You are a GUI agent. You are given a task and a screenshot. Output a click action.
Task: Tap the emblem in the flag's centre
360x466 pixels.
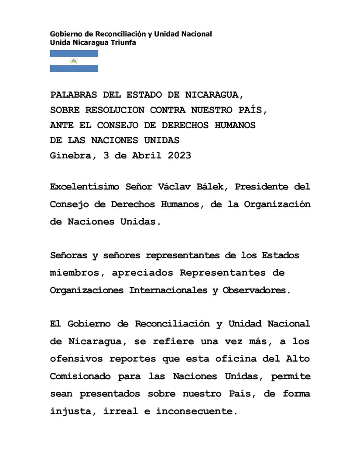(74, 61)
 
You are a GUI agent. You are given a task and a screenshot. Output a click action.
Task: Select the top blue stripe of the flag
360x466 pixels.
(74, 53)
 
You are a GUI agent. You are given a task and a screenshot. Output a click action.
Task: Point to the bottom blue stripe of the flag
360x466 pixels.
(74, 69)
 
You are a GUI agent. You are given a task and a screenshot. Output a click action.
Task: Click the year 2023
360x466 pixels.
(179, 155)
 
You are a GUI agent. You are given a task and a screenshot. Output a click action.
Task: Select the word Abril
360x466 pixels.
(147, 155)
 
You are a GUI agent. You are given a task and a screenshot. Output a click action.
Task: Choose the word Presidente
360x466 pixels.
(263, 187)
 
